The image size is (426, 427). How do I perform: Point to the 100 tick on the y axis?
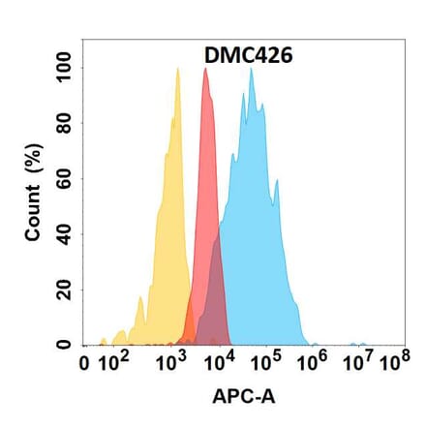(x=64, y=68)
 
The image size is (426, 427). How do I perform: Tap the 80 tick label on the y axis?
(x=64, y=123)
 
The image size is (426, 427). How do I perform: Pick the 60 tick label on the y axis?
(x=64, y=179)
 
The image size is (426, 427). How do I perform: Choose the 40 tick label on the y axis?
(x=64, y=234)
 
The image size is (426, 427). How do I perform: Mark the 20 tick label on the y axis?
(x=64, y=290)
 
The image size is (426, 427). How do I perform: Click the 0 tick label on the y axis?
(x=64, y=345)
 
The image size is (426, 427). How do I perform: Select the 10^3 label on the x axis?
(x=173, y=364)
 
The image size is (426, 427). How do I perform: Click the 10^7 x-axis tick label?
(x=357, y=364)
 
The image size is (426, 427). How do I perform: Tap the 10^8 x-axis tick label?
(x=392, y=364)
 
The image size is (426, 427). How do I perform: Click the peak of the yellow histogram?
(x=178, y=69)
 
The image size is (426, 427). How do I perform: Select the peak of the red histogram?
(x=205, y=69)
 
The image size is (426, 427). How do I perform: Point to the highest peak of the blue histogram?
(x=252, y=70)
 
